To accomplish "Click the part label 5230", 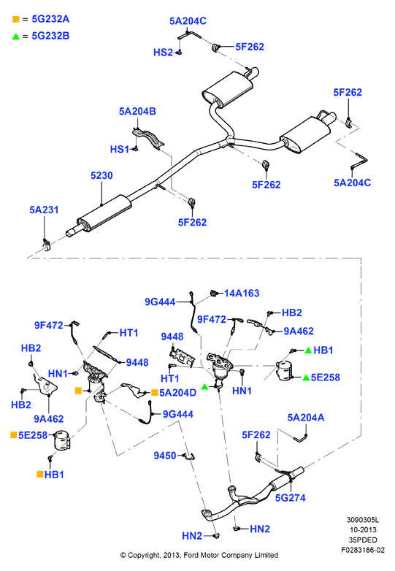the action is (x=101, y=175).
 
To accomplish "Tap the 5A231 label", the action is (x=44, y=210).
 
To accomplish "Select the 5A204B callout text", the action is (x=137, y=112).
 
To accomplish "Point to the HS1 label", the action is (x=120, y=149).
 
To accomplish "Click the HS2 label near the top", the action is (x=163, y=53).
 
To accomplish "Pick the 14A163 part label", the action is (x=242, y=293).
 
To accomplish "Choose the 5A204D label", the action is (x=177, y=393).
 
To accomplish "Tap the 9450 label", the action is (x=165, y=456).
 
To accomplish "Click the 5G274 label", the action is (x=290, y=498).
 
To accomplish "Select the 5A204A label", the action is (x=306, y=418).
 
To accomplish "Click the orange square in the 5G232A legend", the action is (x=15, y=19).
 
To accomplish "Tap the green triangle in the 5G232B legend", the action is (x=15, y=36).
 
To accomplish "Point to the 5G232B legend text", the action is (x=50, y=36).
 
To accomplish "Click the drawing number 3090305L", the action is (x=363, y=520).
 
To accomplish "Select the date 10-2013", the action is (x=363, y=530).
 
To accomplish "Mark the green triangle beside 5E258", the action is (x=306, y=378).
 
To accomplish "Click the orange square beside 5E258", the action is (x=13, y=434).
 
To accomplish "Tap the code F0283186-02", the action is (x=363, y=550).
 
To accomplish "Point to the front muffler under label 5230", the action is (x=104, y=212).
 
